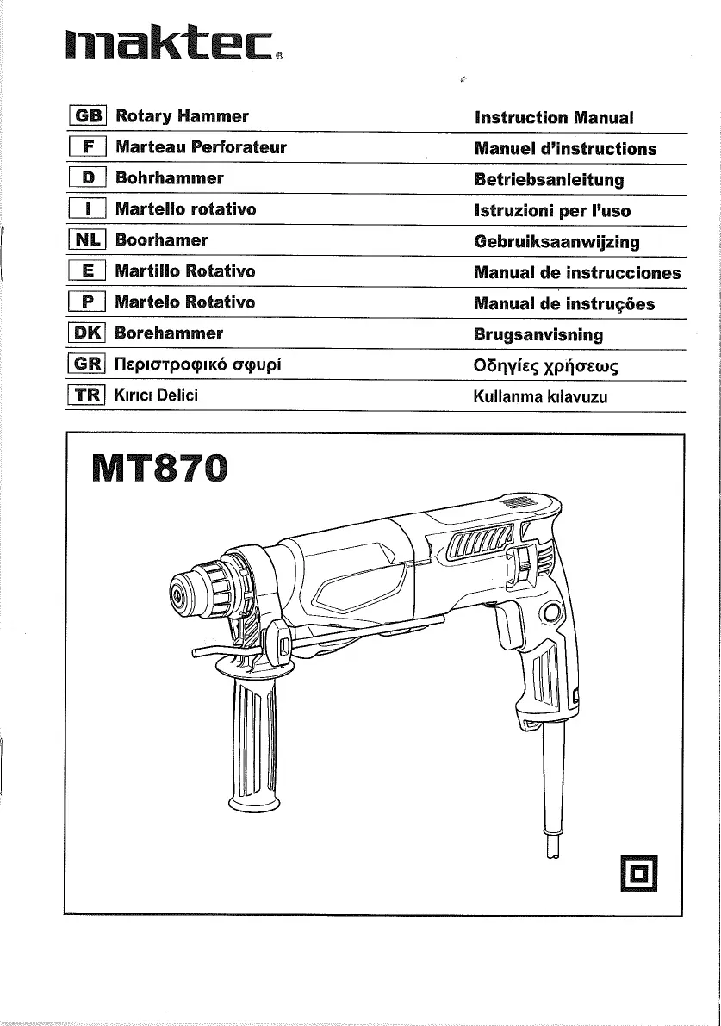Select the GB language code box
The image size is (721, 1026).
click(x=86, y=116)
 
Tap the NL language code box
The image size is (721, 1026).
click(x=86, y=240)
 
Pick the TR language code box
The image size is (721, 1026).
click(x=86, y=395)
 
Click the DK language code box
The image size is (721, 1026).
click(x=86, y=333)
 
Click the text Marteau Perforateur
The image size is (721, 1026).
click(x=200, y=147)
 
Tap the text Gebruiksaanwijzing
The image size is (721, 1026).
click(x=556, y=242)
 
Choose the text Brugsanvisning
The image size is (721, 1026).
click(x=538, y=335)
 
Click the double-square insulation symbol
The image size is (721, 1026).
click(x=638, y=874)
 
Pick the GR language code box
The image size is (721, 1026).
click(x=86, y=364)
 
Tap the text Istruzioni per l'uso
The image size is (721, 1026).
click(x=552, y=211)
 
